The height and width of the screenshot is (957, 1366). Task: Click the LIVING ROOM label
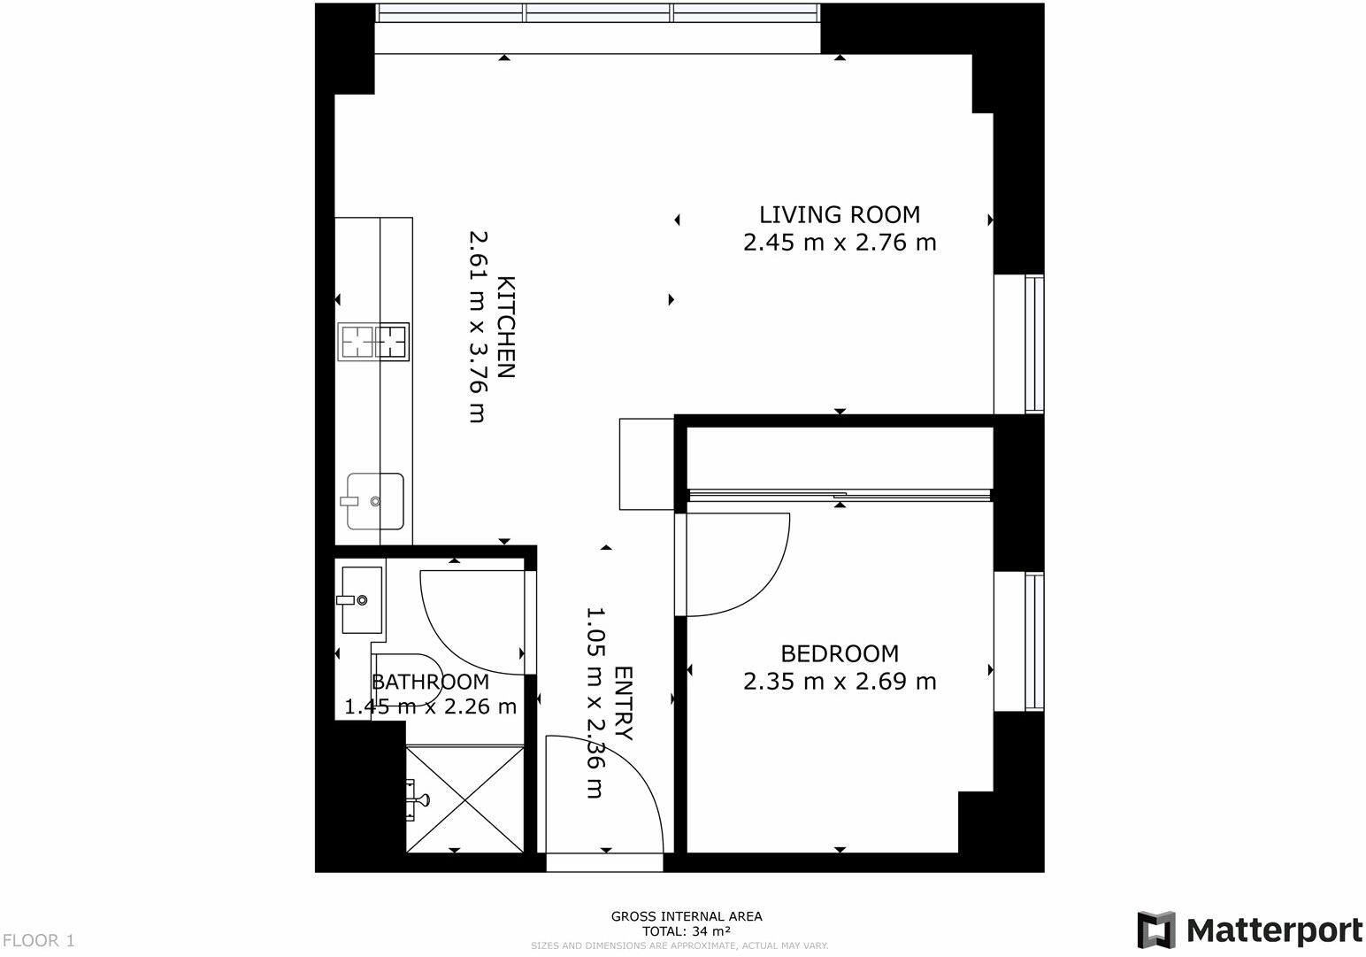(x=839, y=214)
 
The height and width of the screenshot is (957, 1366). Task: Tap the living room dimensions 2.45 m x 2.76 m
(x=839, y=242)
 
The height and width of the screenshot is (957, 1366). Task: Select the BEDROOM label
(x=839, y=653)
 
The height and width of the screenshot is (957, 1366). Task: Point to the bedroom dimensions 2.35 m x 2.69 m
(x=839, y=681)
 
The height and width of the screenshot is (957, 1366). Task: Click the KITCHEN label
(x=505, y=328)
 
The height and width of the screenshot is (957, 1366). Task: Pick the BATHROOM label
(x=430, y=682)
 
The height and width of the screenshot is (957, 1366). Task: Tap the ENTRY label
(x=624, y=704)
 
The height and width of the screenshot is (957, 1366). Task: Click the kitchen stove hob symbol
(x=373, y=342)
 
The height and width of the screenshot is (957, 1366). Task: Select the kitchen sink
(x=375, y=501)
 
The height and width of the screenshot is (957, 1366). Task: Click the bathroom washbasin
(x=362, y=600)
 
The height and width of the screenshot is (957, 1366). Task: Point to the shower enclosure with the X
(x=464, y=799)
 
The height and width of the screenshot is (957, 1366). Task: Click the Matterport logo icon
(x=1155, y=930)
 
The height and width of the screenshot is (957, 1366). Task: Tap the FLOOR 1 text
(x=39, y=940)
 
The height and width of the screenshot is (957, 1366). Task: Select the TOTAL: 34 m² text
(x=686, y=931)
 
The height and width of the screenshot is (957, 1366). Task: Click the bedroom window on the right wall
(x=1033, y=642)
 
